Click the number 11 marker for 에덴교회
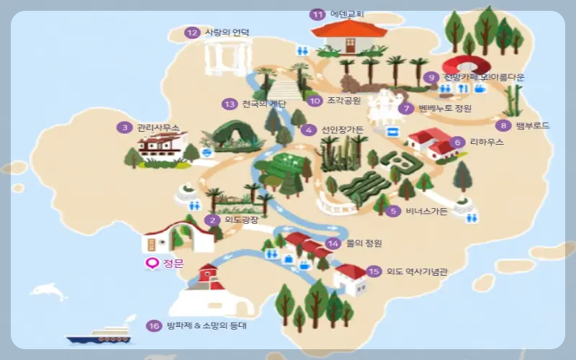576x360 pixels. point(318,14)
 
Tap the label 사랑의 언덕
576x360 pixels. point(227,32)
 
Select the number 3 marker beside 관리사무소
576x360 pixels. point(125,127)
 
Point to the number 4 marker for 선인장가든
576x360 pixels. point(309,130)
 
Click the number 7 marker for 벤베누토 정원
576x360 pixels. point(408,109)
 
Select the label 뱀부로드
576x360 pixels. point(532,125)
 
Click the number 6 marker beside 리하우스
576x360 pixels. point(456,142)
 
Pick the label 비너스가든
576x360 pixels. point(428,211)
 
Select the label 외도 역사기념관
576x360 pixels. point(417,271)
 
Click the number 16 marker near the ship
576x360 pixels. point(153,325)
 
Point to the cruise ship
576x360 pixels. point(99,334)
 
